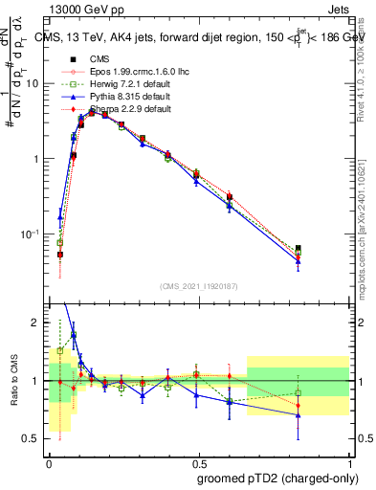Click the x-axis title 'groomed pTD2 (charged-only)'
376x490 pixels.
click(276, 478)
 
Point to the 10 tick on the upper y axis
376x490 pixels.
click(33, 83)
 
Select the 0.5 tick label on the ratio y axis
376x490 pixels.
click(33, 438)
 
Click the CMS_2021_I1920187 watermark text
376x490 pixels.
click(198, 285)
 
